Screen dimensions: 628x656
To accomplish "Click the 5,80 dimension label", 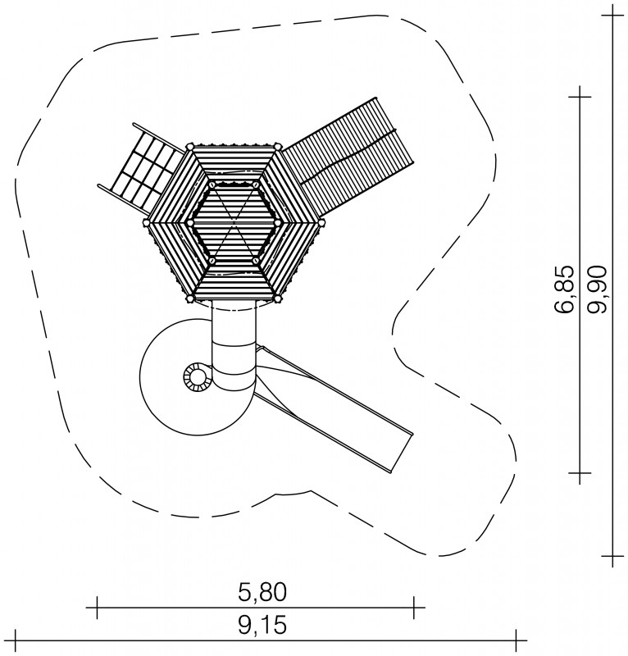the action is pos(262,592).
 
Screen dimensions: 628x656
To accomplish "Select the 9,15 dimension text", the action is pos(262,626).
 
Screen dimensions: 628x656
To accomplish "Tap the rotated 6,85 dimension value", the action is pos(563,289).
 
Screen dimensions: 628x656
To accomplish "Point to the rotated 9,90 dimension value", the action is pos(597,289).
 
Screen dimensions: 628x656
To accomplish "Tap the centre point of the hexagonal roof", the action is pos(234,222).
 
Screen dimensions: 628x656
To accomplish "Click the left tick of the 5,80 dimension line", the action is pos(97,607).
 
